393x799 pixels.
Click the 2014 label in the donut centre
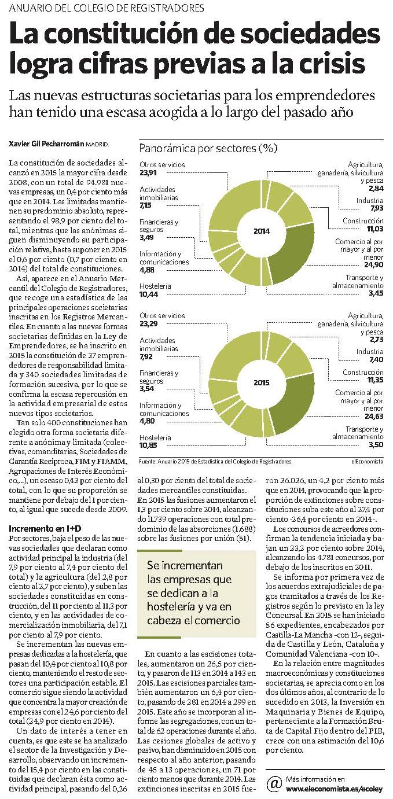coord(261,231)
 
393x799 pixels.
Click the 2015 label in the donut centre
coord(261,383)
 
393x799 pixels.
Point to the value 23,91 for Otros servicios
coord(148,172)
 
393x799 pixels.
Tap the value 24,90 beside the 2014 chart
coord(374,264)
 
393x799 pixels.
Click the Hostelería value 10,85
coord(149,445)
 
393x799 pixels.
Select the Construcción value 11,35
coord(376,380)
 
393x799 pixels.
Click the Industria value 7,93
coord(377,208)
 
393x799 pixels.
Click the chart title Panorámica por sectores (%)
coord(208,148)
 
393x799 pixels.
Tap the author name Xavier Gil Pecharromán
coord(46,145)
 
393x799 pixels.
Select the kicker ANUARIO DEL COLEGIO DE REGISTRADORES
coord(106,8)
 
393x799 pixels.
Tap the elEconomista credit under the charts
coord(367,461)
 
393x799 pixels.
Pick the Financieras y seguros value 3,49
coord(146,238)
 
